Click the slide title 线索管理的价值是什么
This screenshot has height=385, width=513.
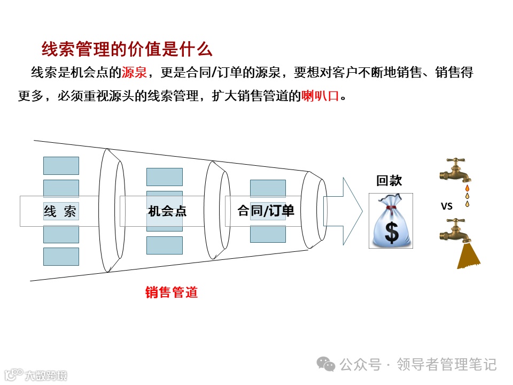pyautogui.click(x=127, y=49)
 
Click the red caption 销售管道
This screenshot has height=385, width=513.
pyautogui.click(x=172, y=292)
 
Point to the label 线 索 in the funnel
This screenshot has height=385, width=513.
pyautogui.click(x=60, y=211)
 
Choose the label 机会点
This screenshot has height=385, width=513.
pyautogui.click(x=167, y=211)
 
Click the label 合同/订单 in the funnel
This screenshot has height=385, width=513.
pyautogui.click(x=266, y=211)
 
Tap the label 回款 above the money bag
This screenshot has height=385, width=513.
pyautogui.click(x=388, y=181)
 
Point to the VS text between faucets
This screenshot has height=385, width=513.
pyautogui.click(x=447, y=206)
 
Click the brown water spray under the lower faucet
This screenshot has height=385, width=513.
pyautogui.click(x=468, y=257)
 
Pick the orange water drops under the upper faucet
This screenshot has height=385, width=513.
pyautogui.click(x=467, y=196)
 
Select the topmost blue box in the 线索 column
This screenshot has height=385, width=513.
pyautogui.click(x=61, y=165)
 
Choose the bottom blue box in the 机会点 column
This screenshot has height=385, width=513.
pyautogui.click(x=165, y=245)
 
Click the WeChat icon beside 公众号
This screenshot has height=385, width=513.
pyautogui.click(x=327, y=365)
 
